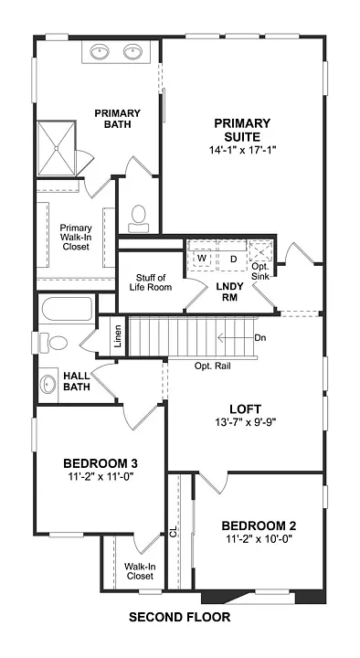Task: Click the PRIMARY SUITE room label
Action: [x=242, y=130]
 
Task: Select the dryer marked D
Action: [x=233, y=258]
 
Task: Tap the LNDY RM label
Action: [x=228, y=292]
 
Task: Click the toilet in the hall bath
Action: [x=57, y=343]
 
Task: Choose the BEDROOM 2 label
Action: [x=259, y=525]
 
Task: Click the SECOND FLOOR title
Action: [x=179, y=617]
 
